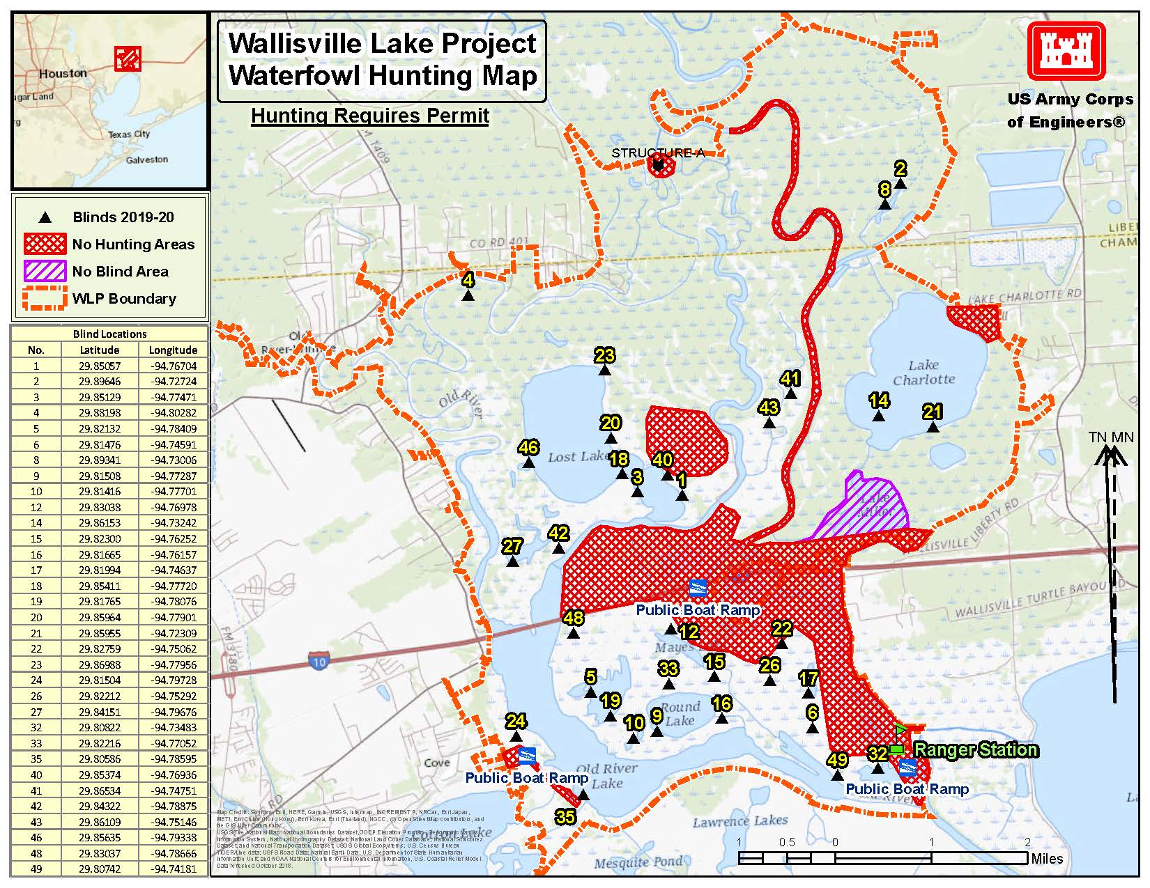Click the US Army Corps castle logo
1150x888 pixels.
pos(1066,52)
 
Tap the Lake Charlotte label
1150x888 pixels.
pos(923,373)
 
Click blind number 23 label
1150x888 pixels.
pos(604,356)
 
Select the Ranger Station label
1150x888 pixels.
pos(975,750)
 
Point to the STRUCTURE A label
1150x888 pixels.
pos(657,153)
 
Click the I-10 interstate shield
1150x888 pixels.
pos(319,661)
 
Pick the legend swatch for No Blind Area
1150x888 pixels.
pos(45,272)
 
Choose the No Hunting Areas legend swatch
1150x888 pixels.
pos(45,244)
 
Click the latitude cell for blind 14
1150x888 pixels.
pos(99,523)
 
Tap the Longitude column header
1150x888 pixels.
pos(173,350)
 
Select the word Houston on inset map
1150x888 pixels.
pos(63,73)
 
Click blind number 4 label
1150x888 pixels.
pos(468,280)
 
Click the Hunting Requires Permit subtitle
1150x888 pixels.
pos(370,116)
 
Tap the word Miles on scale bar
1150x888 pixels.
pos(1047,859)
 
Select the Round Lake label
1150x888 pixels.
pos(680,714)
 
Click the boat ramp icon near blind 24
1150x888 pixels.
pos(528,756)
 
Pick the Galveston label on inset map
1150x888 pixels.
pos(147,159)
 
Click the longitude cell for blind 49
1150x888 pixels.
pos(173,869)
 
